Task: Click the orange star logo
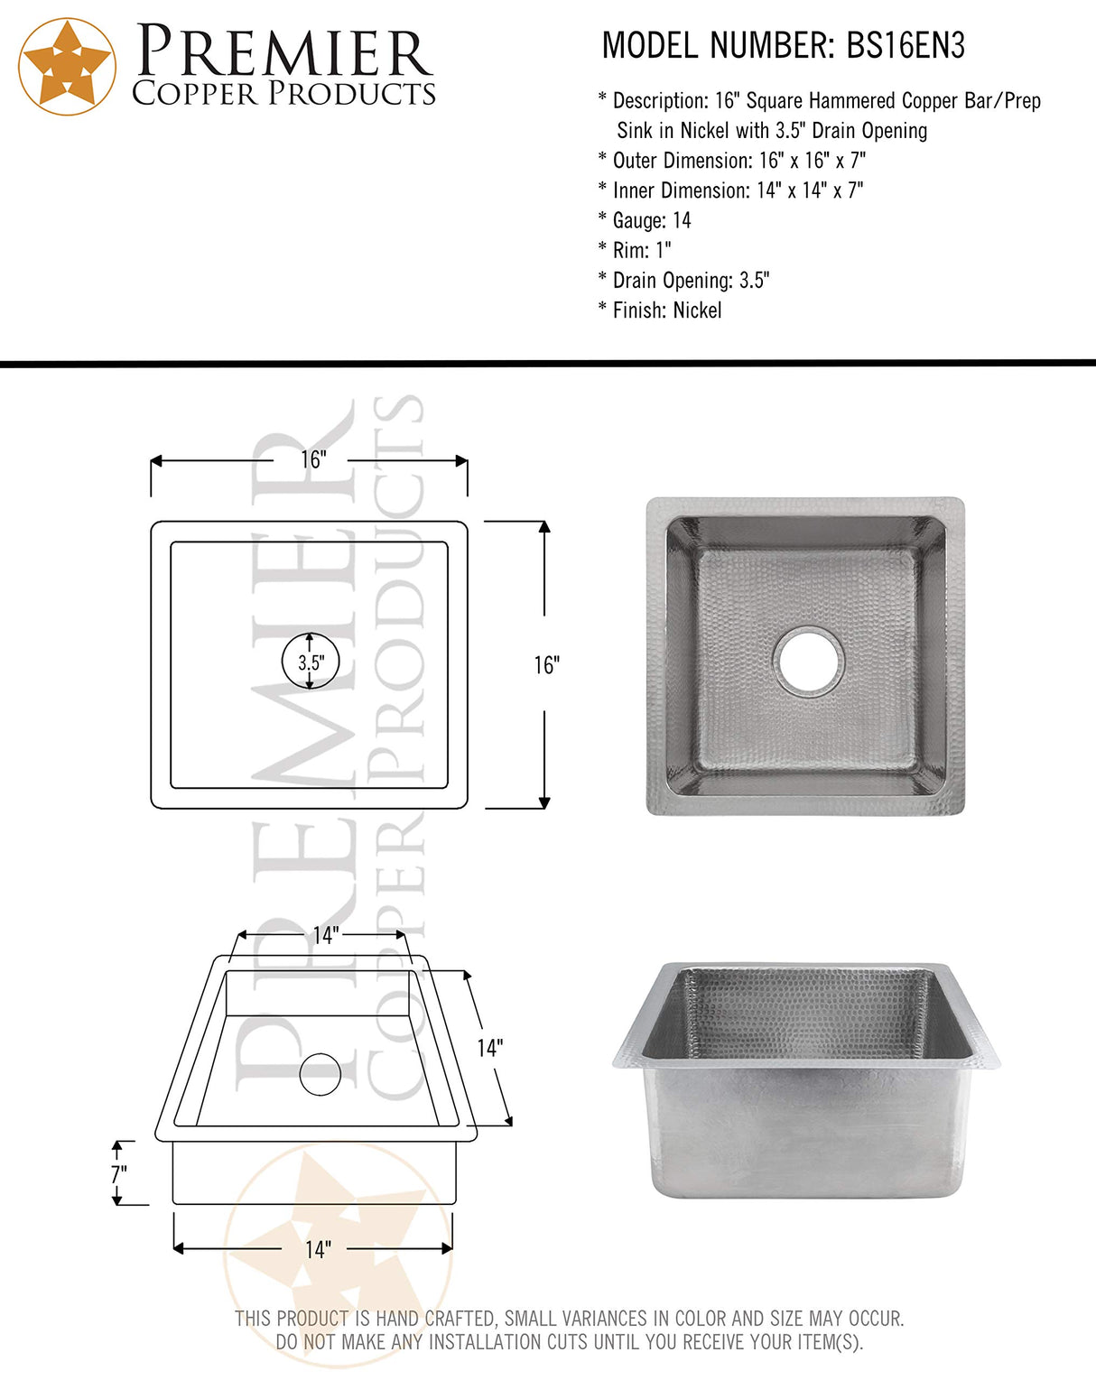click(x=68, y=67)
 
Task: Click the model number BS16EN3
click(x=905, y=45)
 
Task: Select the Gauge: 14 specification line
click(x=644, y=220)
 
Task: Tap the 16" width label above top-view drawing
click(x=311, y=460)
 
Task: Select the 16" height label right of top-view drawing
click(x=546, y=665)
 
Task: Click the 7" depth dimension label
click(x=118, y=1174)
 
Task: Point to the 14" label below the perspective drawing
click(x=318, y=1250)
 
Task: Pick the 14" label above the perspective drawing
click(x=325, y=936)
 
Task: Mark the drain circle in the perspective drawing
click(x=320, y=1074)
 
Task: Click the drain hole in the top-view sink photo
click(x=808, y=661)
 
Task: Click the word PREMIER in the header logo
click(x=284, y=52)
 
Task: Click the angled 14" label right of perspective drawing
click(x=489, y=1048)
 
